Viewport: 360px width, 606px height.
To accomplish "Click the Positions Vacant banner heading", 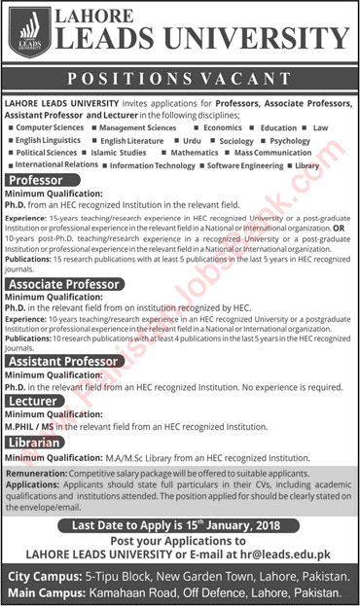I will tap(179, 77).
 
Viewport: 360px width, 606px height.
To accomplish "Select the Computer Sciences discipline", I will tap(52, 126).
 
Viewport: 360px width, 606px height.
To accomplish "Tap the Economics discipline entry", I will tap(223, 126).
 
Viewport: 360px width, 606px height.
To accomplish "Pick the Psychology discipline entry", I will tap(290, 140).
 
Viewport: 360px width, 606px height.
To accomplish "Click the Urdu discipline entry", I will tap(192, 140).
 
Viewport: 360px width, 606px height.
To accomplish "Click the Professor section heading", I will tap(39, 181).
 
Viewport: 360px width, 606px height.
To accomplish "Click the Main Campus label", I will tap(47, 590).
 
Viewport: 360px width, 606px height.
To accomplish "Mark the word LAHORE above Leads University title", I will tap(104, 18).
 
